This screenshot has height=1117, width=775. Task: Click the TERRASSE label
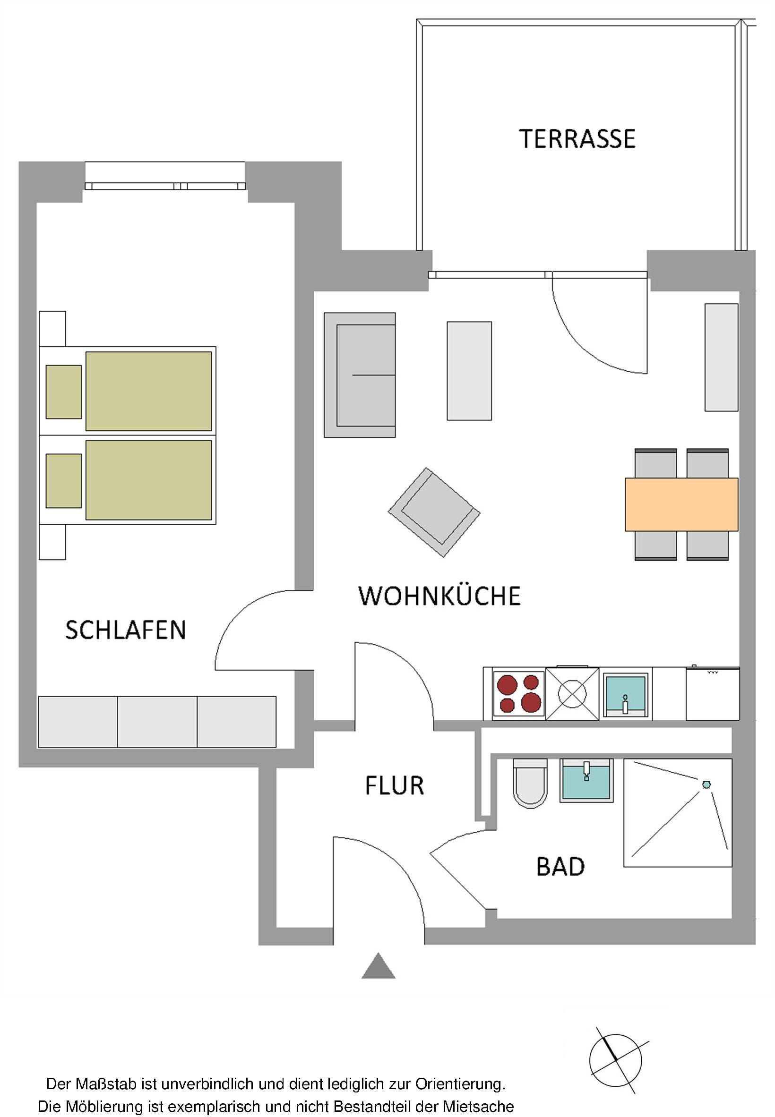pyautogui.click(x=577, y=139)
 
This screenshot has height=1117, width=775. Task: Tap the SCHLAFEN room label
pyautogui.click(x=126, y=631)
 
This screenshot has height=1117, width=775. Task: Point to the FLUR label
pyautogui.click(x=394, y=785)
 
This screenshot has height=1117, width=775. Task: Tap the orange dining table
pyautogui.click(x=681, y=504)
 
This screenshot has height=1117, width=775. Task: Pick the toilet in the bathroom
pyautogui.click(x=530, y=783)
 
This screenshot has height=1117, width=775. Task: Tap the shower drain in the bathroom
pyautogui.click(x=706, y=784)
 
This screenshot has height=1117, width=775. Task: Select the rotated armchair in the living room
pyautogui.click(x=434, y=512)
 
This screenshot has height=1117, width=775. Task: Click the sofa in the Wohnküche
pyautogui.click(x=360, y=375)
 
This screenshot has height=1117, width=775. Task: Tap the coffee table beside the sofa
pyautogui.click(x=469, y=370)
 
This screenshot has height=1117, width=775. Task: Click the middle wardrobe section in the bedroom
pyautogui.click(x=157, y=722)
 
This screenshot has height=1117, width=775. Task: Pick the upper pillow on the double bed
pyautogui.click(x=64, y=392)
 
